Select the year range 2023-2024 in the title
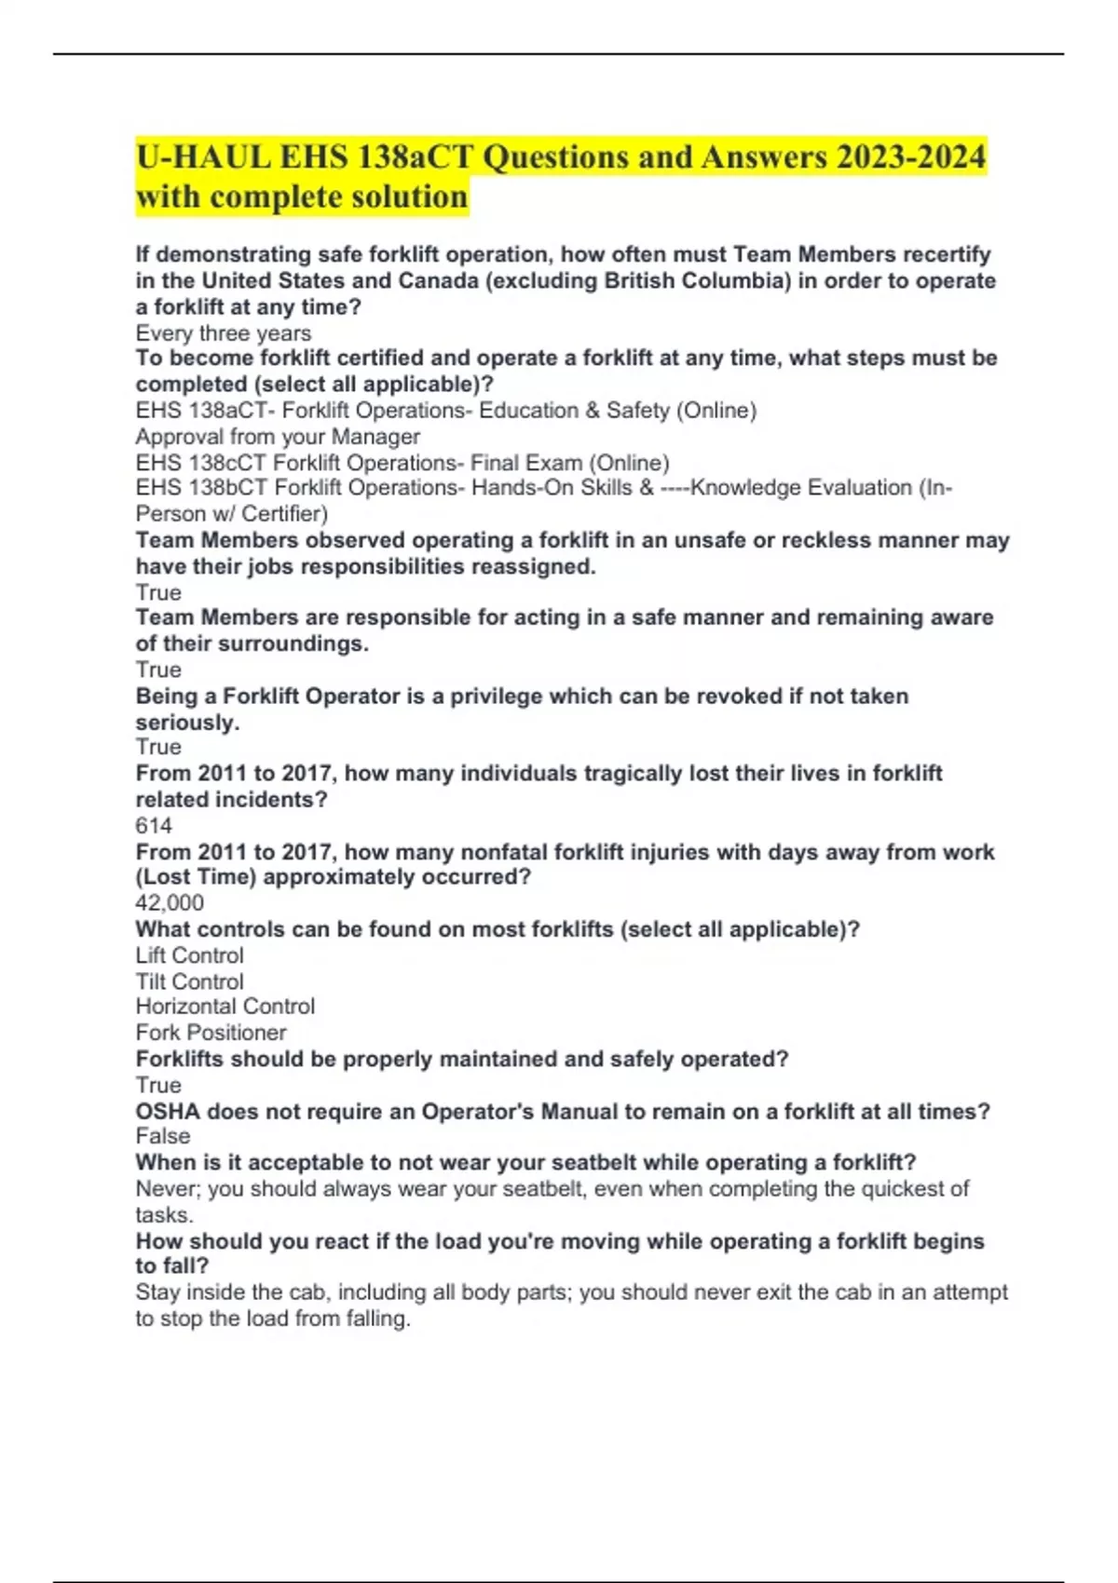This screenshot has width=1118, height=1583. [x=910, y=156]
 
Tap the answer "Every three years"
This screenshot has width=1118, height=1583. [x=224, y=332]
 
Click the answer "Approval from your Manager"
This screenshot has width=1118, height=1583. [x=278, y=436]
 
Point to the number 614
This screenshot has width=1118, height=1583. [x=154, y=825]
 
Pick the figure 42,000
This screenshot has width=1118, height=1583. [x=170, y=902]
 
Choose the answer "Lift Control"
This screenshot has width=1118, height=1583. [x=190, y=954]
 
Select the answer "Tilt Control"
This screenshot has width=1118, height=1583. [x=190, y=981]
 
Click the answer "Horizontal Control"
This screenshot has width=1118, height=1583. [x=225, y=1006]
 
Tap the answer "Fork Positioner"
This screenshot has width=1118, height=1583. [x=211, y=1032]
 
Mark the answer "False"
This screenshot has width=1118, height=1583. [x=163, y=1135]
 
